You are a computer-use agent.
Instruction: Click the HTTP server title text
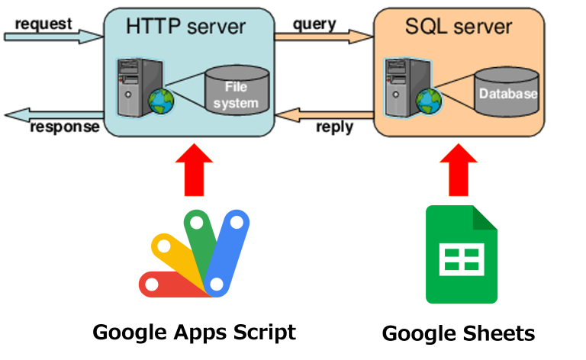coord(185,27)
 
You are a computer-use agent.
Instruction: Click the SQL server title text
coord(458,27)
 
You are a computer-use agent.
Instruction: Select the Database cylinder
coord(507,93)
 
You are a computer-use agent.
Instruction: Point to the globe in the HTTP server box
coord(161,100)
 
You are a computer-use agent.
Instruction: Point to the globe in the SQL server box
coord(429,100)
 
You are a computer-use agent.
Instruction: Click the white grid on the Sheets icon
coord(461,261)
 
